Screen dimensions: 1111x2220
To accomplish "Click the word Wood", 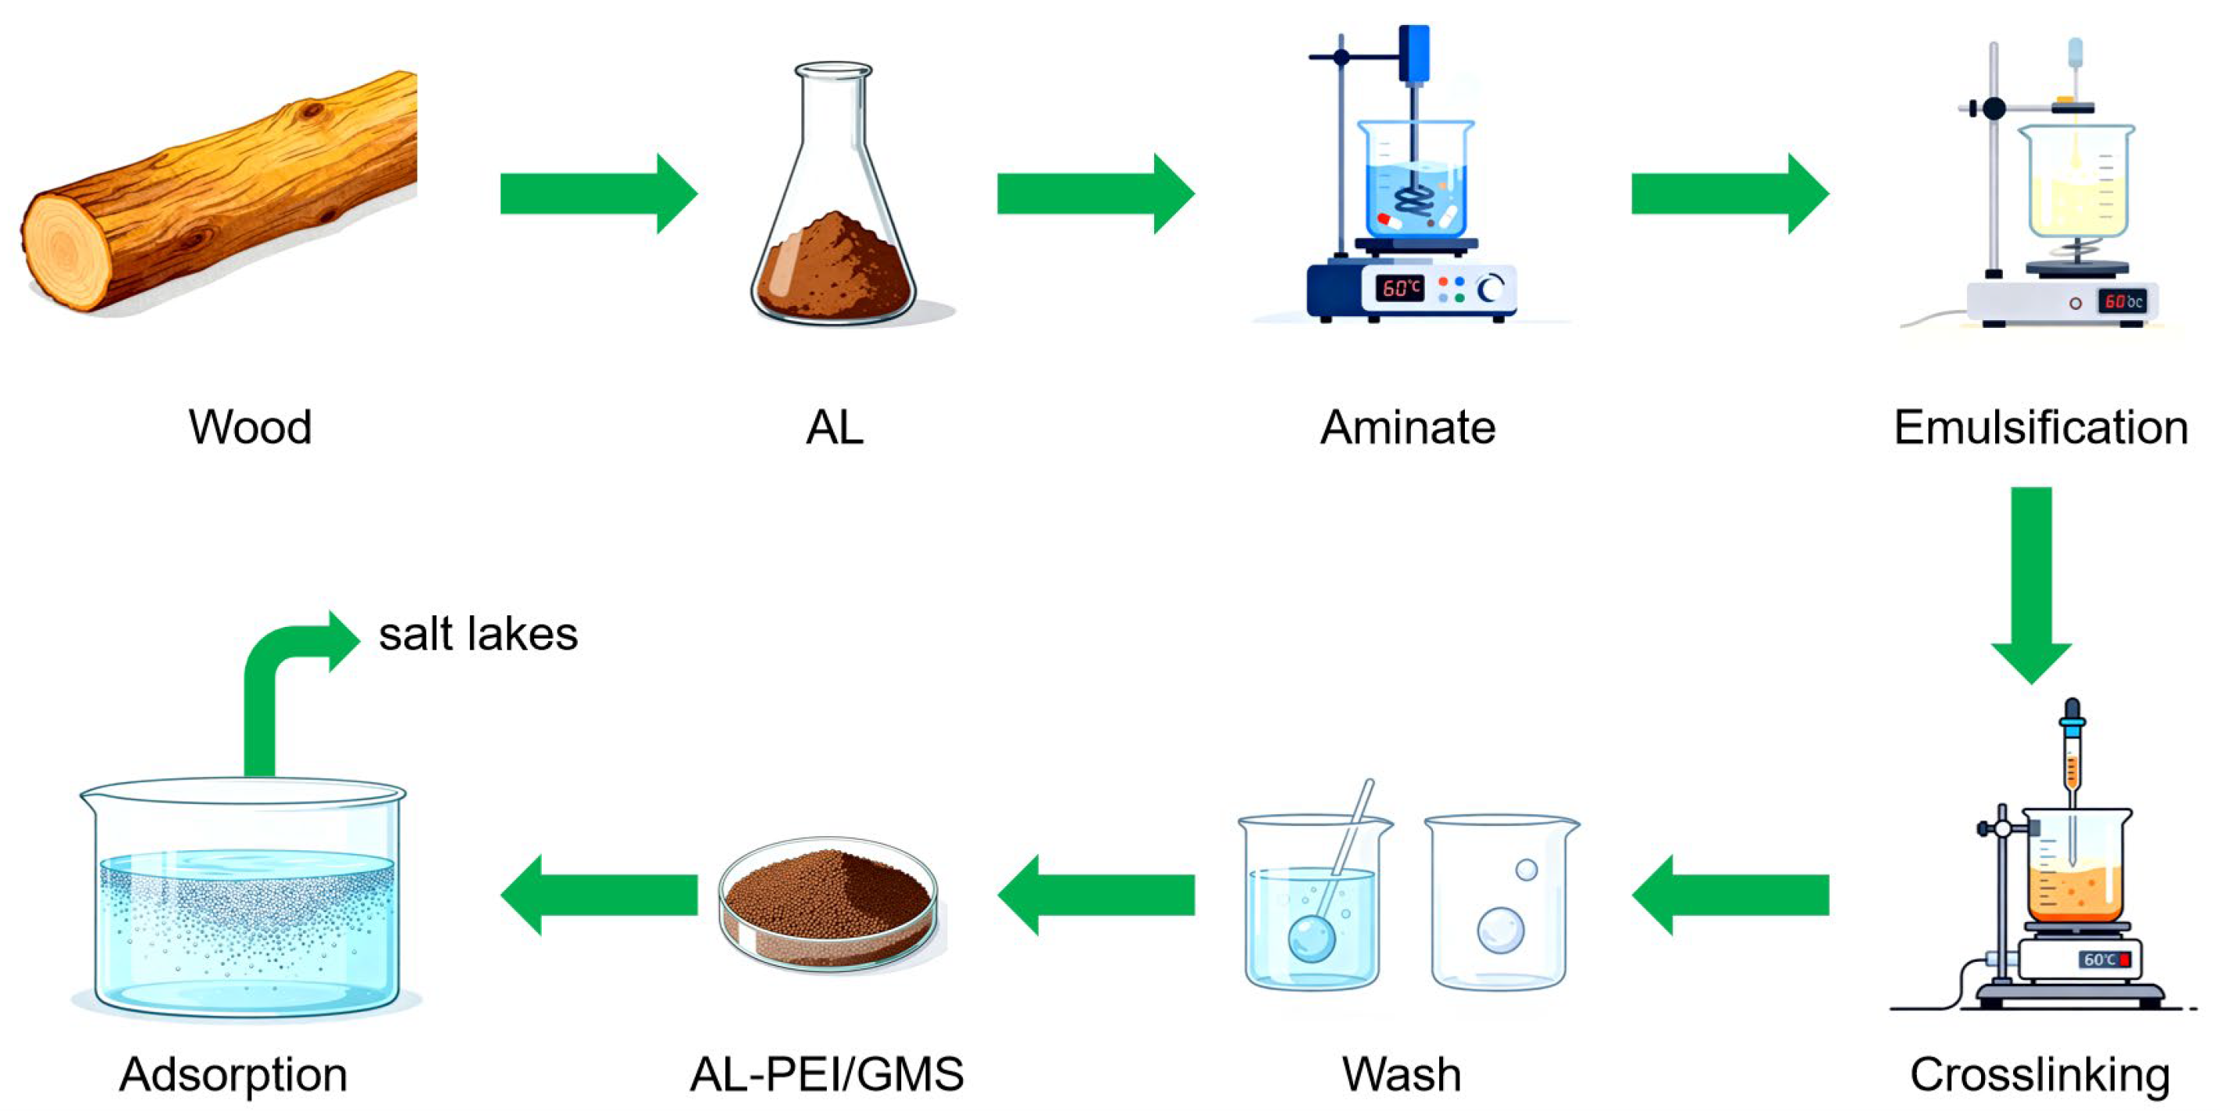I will point(250,426).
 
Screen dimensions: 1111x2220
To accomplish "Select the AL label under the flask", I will point(834,426).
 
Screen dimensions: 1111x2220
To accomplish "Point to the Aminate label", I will point(1407,426).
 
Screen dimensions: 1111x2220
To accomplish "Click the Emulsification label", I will point(2040,426).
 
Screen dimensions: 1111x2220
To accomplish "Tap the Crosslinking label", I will point(2039,1074).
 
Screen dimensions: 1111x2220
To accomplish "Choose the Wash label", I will point(1402,1074).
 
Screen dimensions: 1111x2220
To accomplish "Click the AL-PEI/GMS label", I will point(826,1074).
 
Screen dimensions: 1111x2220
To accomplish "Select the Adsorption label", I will point(233,1074).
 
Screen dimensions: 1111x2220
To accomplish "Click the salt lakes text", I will point(479,635).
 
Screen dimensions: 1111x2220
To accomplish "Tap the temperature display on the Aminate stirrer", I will point(1400,287).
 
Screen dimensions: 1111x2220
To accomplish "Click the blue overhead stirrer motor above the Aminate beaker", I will point(1413,52).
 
